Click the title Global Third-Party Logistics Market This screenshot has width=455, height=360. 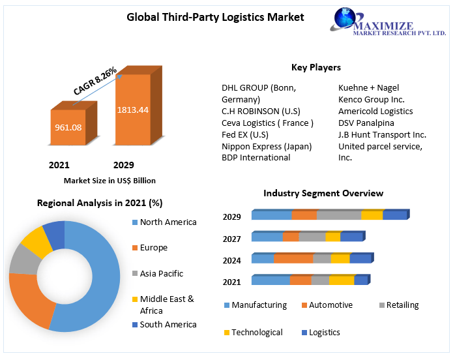click(215, 17)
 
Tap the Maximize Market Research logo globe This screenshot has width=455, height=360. click(344, 19)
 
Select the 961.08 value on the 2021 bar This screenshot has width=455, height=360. click(68, 127)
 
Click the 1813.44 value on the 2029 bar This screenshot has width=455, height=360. click(132, 110)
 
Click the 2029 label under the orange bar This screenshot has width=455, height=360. click(123, 165)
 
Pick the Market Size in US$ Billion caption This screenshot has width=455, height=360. click(110, 181)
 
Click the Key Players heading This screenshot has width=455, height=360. click(316, 67)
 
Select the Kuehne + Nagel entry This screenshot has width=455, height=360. click(368, 87)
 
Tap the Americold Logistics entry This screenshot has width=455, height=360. click(375, 111)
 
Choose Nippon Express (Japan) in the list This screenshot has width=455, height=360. click(267, 146)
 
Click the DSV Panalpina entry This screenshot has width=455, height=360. click(366, 123)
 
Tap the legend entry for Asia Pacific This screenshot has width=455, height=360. click(161, 274)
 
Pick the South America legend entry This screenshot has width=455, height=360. click(168, 324)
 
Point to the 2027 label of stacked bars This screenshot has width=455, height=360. click(231, 239)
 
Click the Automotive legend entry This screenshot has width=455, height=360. click(330, 305)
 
